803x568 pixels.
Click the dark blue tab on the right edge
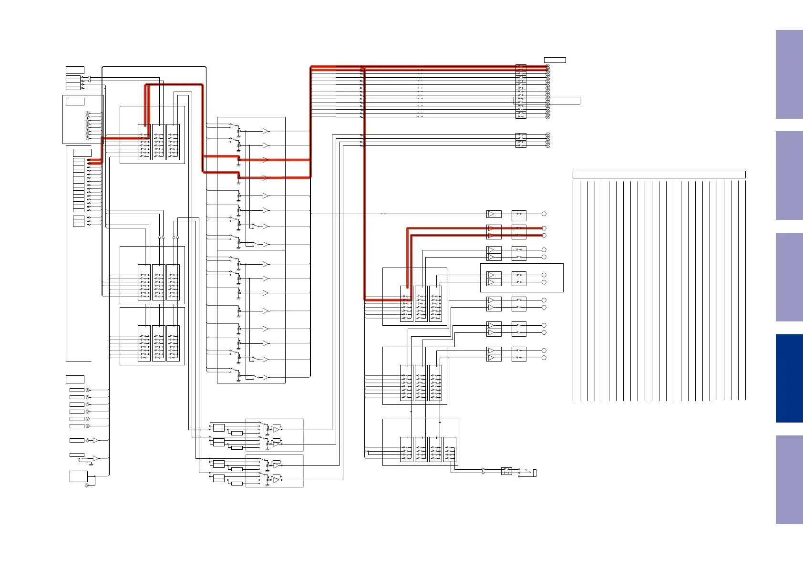pyautogui.click(x=789, y=378)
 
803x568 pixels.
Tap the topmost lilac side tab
pyautogui.click(x=789, y=74)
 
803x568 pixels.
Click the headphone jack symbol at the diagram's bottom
pyautogui.click(x=534, y=473)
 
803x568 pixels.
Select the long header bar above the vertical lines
pyautogui.click(x=659, y=175)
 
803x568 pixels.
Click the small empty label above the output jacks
pyautogui.click(x=555, y=60)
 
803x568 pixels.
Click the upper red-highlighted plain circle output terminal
pyautogui.click(x=544, y=228)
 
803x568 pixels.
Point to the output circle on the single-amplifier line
pyautogui.click(x=544, y=214)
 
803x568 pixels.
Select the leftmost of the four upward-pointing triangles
pyautogui.click(x=159, y=236)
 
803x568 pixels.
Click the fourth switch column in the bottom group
pyautogui.click(x=450, y=449)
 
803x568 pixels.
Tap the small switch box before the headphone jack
pyautogui.click(x=506, y=471)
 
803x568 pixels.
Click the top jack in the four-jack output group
pyautogui.click(x=548, y=135)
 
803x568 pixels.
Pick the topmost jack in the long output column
pyautogui.click(x=548, y=66)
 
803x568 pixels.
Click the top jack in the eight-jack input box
pyautogui.click(x=87, y=114)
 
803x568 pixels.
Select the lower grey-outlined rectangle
pyautogui.click(x=274, y=471)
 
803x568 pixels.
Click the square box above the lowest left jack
pyautogui.click(x=79, y=476)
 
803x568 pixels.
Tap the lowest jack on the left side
pyautogui.click(x=87, y=485)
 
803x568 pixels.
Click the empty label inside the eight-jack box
pyautogui.click(x=75, y=102)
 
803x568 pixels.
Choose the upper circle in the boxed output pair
pyautogui.click(x=544, y=275)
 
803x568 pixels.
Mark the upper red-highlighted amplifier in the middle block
pyautogui.click(x=266, y=160)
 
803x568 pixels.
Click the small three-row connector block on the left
pyautogui.click(x=78, y=221)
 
